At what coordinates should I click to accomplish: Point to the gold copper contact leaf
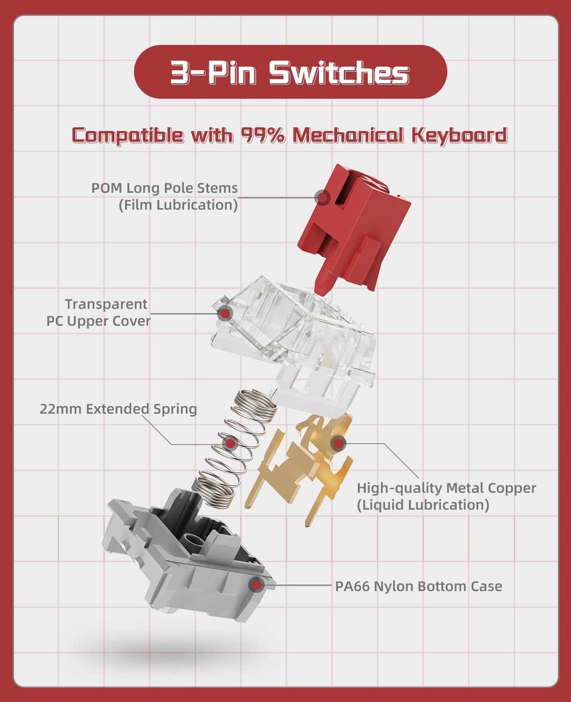click(x=300, y=468)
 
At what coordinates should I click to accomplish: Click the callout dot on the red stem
click(x=322, y=197)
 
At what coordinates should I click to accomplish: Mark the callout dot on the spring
click(x=230, y=443)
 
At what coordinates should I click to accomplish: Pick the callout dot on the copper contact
click(x=338, y=443)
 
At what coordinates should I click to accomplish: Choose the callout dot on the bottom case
click(x=256, y=585)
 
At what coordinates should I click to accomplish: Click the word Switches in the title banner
click(x=339, y=73)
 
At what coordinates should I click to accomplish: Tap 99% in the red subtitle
click(x=263, y=135)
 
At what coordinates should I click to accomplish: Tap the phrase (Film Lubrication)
click(x=178, y=205)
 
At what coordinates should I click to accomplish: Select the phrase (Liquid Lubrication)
click(x=423, y=505)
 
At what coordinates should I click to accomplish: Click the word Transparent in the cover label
click(x=106, y=304)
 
